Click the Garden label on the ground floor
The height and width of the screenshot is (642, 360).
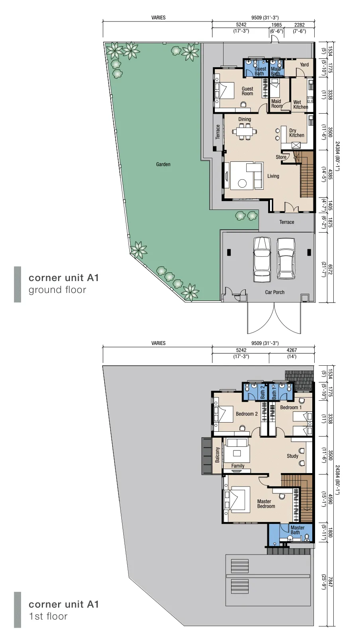[163, 164]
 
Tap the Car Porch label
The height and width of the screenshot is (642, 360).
[274, 292]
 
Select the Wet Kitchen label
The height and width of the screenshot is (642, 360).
[300, 105]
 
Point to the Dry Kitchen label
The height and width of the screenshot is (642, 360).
[297, 133]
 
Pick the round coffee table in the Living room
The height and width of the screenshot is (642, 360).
[242, 183]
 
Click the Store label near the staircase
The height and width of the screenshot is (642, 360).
[281, 157]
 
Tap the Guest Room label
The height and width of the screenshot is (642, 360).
[247, 91]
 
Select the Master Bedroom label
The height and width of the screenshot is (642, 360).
[266, 512]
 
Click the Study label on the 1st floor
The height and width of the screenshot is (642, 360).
[292, 456]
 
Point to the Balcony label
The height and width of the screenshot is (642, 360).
[217, 454]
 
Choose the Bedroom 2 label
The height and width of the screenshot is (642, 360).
[247, 413]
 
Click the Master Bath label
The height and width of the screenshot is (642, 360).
[298, 530]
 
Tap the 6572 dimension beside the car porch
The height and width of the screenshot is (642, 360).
[330, 270]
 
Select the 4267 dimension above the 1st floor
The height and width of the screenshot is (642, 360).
[292, 350]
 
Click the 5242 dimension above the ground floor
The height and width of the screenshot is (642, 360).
[241, 25]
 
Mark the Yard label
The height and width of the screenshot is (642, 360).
[304, 65]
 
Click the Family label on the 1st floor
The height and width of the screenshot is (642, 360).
[238, 466]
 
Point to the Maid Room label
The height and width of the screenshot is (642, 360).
[277, 104]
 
